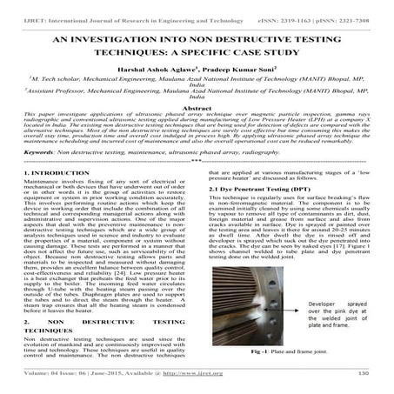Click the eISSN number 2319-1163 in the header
317,7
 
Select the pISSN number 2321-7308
366,7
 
